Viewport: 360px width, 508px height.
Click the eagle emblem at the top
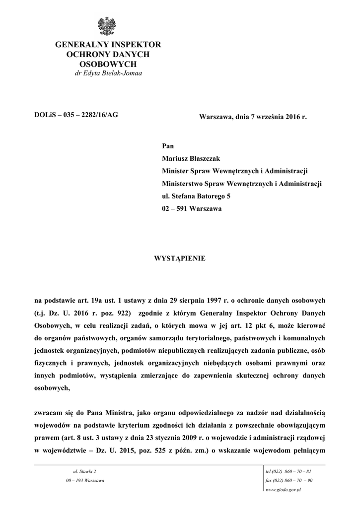107,26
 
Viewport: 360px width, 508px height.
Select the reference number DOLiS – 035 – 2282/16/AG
76,116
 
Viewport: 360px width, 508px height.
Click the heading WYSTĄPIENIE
180,258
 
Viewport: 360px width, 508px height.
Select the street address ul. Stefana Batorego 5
196,196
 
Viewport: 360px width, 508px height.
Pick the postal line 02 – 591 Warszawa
192,209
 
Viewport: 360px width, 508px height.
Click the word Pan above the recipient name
168,146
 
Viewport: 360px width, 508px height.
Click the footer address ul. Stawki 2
84,471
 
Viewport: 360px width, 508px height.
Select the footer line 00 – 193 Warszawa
84,480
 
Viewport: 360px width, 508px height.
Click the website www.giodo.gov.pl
285,490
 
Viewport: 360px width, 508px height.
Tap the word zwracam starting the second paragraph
49,412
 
